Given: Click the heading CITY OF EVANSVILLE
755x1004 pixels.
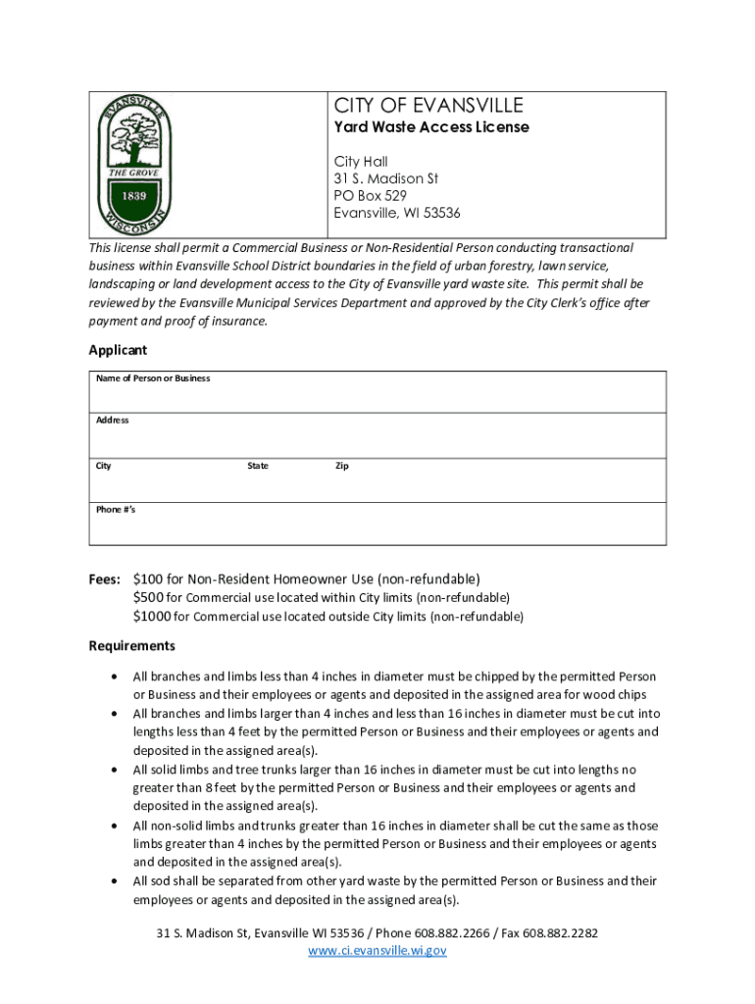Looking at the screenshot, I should tap(428, 106).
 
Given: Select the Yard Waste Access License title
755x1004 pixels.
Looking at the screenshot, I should tap(431, 127).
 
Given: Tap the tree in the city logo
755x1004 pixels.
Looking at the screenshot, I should tap(135, 141).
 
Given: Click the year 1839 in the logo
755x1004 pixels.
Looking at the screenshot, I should tap(134, 194).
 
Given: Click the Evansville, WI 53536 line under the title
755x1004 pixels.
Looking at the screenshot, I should tap(397, 214).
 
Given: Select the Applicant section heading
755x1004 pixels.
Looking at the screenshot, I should tap(118, 350).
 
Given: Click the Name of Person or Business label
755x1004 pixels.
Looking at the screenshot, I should tap(153, 378).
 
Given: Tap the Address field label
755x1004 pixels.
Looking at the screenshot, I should tap(113, 421).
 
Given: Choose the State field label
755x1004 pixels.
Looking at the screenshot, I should tap(258, 466).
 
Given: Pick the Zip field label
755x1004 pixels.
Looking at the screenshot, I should tap(342, 466).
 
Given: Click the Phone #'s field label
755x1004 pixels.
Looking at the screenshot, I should tap(116, 510).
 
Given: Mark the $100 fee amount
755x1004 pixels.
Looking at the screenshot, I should tap(148, 578).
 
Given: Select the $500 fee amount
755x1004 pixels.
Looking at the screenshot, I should tap(148, 598).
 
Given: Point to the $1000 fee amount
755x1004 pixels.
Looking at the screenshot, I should tap(152, 617).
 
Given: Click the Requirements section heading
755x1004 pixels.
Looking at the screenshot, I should tap(132, 646).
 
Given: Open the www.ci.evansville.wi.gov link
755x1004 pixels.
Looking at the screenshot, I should tap(377, 951).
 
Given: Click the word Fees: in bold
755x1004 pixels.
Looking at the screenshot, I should tap(105, 578).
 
